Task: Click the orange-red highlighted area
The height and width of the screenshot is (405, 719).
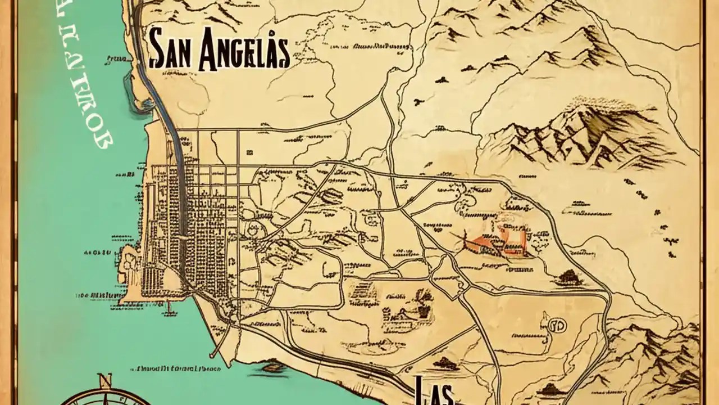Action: pos(497,241)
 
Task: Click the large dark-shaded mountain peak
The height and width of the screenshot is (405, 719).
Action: pos(579,129)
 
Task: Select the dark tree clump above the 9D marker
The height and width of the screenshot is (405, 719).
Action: pos(568,276)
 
